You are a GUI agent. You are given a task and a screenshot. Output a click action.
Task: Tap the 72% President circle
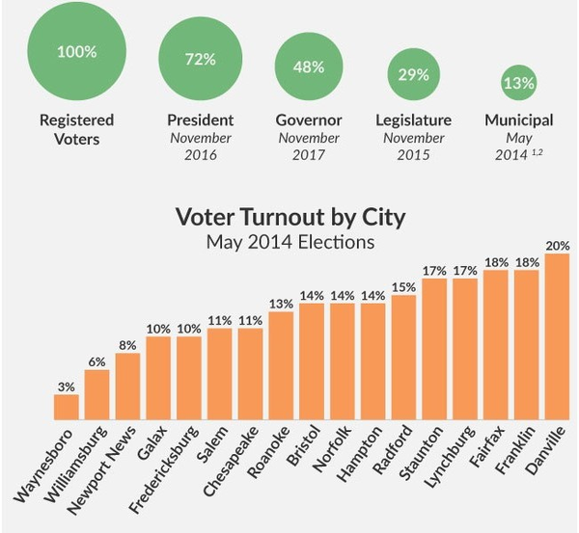pyautogui.click(x=200, y=59)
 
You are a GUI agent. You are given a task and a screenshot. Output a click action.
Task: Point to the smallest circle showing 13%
pyautogui.click(x=518, y=83)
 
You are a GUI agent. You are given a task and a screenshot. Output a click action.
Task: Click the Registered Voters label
pyautogui.click(x=76, y=129)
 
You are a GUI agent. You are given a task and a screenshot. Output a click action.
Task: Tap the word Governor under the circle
pyautogui.click(x=309, y=120)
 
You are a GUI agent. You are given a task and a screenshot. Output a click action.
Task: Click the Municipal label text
pyautogui.click(x=518, y=120)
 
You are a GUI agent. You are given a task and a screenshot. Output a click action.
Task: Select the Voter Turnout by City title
pyautogui.click(x=289, y=216)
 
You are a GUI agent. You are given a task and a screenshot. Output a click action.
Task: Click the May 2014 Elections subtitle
pyautogui.click(x=289, y=241)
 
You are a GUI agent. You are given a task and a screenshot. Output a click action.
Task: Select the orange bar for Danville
pyautogui.click(x=557, y=337)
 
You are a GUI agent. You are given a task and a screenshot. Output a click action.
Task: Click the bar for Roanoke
pyautogui.click(x=281, y=366)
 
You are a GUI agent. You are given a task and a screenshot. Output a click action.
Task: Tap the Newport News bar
pyautogui.click(x=127, y=386)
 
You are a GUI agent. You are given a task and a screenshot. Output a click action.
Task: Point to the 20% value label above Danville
pyautogui.click(x=557, y=245)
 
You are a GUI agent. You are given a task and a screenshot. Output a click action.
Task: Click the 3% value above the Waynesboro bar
pyautogui.click(x=67, y=386)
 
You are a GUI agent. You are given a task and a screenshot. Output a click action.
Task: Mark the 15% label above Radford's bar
pyautogui.click(x=403, y=287)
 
